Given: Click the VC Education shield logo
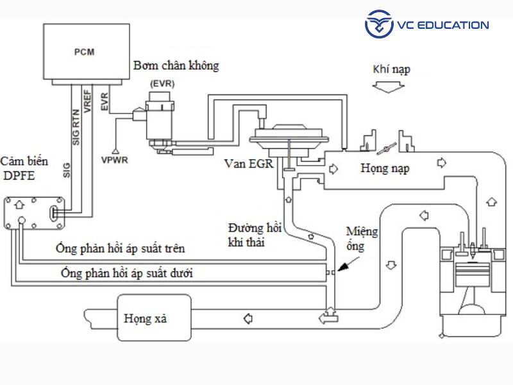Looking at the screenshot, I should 379,25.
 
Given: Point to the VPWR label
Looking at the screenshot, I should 115,158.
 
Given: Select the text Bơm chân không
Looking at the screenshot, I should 176,66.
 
